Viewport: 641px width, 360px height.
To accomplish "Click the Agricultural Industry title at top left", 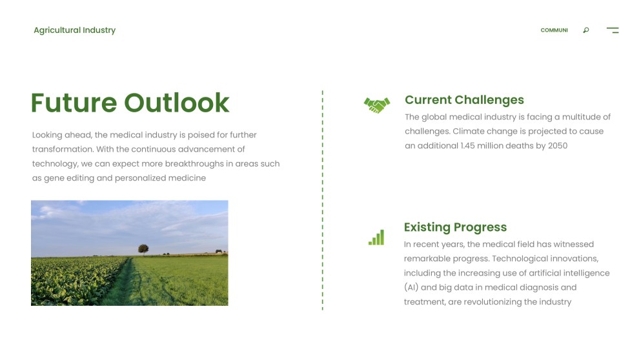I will pyautogui.click(x=74, y=30).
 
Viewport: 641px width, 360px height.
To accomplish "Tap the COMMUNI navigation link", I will pyautogui.click(x=554, y=30).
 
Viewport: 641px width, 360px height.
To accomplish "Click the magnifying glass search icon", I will pyautogui.click(x=586, y=30).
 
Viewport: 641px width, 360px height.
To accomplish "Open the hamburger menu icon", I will pyautogui.click(x=613, y=30).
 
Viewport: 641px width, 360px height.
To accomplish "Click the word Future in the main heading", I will pyautogui.click(x=74, y=103).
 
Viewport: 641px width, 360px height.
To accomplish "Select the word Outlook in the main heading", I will pyautogui.click(x=176, y=103).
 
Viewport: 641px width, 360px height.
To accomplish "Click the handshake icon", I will pyautogui.click(x=377, y=105).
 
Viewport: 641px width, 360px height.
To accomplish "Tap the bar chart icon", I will pyautogui.click(x=376, y=237).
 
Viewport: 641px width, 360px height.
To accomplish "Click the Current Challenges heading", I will pyautogui.click(x=464, y=100).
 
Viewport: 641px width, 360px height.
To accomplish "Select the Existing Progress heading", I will pyautogui.click(x=455, y=227).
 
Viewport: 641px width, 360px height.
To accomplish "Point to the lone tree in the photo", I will pyautogui.click(x=143, y=248).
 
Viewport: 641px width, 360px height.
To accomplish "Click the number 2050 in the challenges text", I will pyautogui.click(x=557, y=146).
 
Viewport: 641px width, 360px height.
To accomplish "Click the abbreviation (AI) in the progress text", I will pyautogui.click(x=411, y=288).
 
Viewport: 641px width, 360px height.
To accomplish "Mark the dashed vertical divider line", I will pyautogui.click(x=322, y=200).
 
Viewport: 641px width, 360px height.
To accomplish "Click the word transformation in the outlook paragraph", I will pyautogui.click(x=62, y=150).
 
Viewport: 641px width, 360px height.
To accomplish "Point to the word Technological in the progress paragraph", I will pyautogui.click(x=519, y=259).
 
